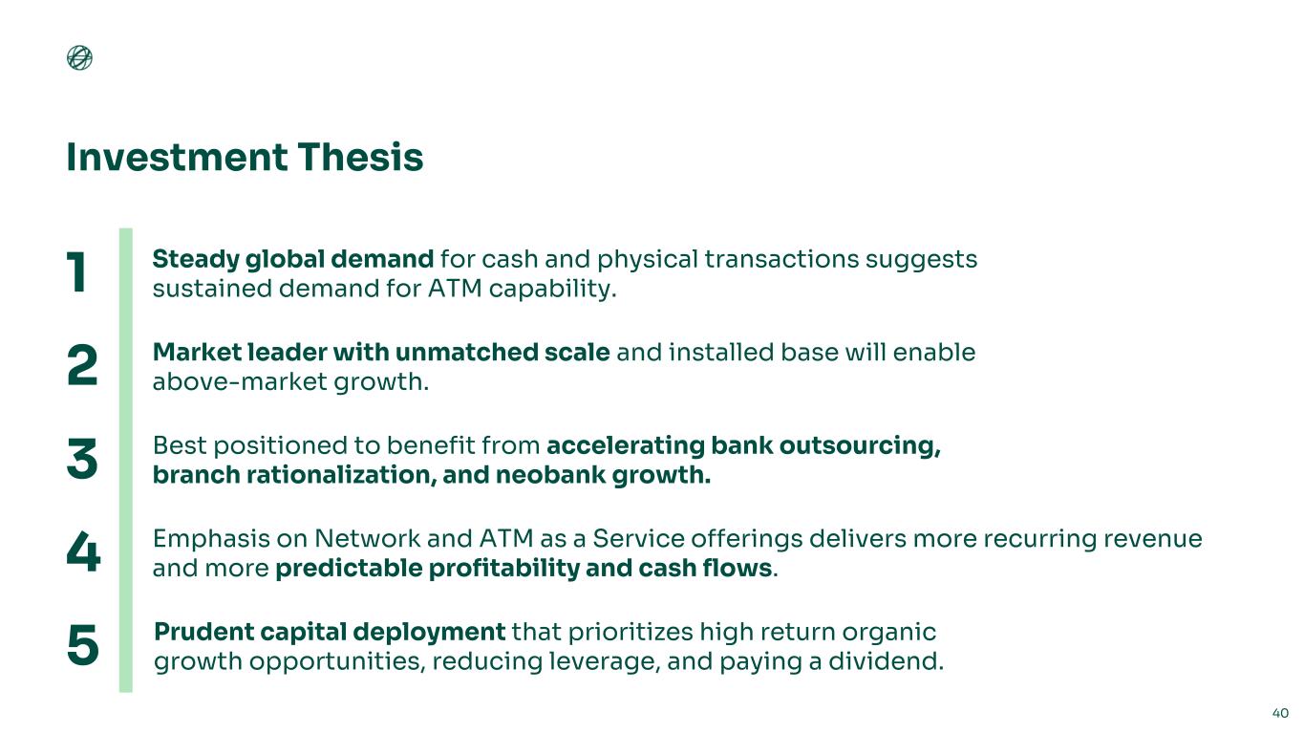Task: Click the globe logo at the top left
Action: [79, 57]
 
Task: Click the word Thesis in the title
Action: [360, 158]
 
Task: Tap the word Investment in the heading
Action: [177, 158]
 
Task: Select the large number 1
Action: [76, 272]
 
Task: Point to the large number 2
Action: [82, 365]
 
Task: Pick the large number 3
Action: [82, 459]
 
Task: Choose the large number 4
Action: [83, 551]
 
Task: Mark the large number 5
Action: [83, 645]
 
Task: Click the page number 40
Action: [1280, 713]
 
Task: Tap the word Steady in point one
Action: [196, 260]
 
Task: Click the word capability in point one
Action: [549, 290]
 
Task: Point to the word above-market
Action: [240, 382]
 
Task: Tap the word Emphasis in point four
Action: [211, 539]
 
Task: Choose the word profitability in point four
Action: [504, 569]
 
